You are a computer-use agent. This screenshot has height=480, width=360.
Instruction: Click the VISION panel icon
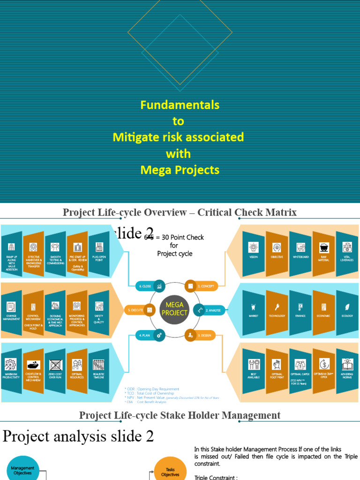click(253, 247)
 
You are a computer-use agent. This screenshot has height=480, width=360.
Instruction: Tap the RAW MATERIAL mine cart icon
click(323, 247)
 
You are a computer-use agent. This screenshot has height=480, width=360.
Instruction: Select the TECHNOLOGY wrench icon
click(277, 307)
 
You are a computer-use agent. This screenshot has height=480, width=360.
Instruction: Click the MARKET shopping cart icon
click(253, 307)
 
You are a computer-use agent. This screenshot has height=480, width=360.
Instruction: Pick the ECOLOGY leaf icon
click(347, 307)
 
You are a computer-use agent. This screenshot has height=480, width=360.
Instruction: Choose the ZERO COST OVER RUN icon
click(55, 365)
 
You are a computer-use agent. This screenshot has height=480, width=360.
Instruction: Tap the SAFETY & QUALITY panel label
click(99, 319)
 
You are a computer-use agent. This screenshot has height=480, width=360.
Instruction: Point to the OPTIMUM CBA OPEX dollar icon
click(323, 364)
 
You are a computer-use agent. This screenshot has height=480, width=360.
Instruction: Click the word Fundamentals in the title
click(180, 105)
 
